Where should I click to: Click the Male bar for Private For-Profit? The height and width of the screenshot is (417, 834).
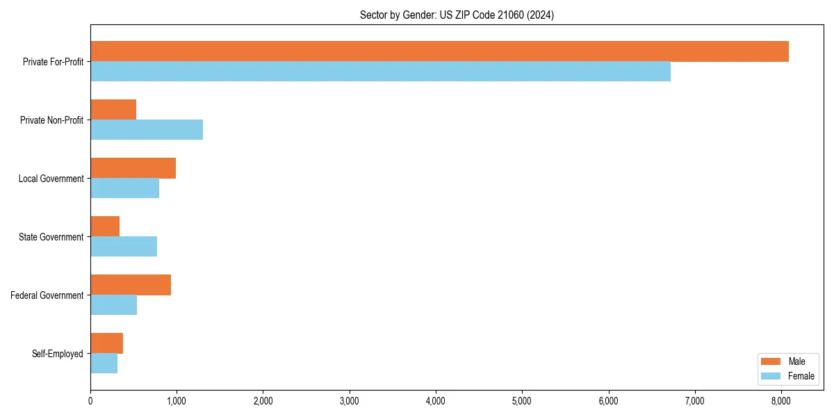pos(439,51)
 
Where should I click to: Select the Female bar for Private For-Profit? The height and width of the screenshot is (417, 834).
pos(380,71)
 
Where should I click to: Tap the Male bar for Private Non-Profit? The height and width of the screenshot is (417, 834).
pos(113,110)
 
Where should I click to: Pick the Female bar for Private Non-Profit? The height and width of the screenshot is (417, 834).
pos(147,129)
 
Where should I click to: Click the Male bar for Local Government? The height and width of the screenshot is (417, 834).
pos(133,168)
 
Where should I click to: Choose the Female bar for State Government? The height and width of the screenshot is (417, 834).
pos(124,246)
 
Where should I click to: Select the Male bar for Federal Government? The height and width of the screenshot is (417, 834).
pos(131,285)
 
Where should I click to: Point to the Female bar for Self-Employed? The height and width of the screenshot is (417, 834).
pos(104,363)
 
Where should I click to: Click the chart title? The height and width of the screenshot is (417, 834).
pos(457,15)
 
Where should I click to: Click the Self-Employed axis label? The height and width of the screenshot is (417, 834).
pos(58,354)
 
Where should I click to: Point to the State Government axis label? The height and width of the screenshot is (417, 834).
pos(51,237)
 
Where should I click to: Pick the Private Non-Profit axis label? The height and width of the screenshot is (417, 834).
pos(51,120)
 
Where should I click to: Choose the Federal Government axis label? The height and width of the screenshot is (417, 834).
pos(47,295)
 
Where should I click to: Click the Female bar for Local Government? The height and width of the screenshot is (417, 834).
pos(124,188)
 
